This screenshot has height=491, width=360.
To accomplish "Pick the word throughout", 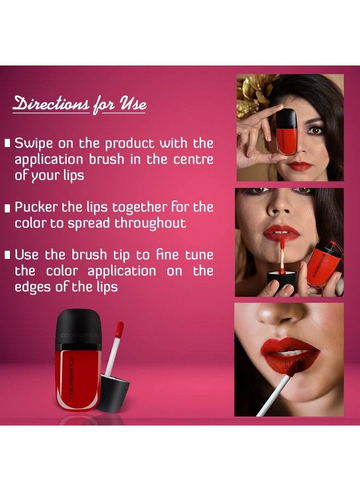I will click(150, 223).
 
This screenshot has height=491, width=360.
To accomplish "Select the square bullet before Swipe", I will click(8, 144).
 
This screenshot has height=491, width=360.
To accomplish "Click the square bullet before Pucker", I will click(8, 208).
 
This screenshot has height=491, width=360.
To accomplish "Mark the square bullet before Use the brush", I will click(8, 255).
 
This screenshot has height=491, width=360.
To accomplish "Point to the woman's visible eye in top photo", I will click(317, 130).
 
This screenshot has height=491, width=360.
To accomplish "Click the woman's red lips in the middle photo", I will click(281, 233).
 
